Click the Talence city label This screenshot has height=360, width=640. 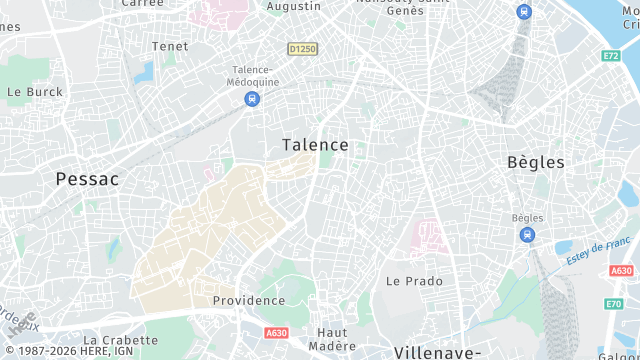coord(315,145)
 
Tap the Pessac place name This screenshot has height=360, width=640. coord(87,179)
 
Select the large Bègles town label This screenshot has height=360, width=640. coord(535,162)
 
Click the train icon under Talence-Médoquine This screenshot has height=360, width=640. coord(252,99)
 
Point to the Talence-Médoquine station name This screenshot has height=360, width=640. coord(252,76)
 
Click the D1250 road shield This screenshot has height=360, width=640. coord(302,48)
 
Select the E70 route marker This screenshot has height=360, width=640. coord(613,304)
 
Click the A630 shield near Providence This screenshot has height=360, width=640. coord(276,333)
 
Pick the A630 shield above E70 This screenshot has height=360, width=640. coord(620,271)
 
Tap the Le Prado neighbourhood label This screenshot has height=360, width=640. coord(414,281)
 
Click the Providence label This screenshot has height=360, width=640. coord(248,301)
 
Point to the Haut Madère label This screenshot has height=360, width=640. coord(331,339)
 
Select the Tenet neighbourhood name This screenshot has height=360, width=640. coord(169,46)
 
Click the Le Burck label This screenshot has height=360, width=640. coord(34,91)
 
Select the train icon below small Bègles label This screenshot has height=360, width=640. coord(526,235)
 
